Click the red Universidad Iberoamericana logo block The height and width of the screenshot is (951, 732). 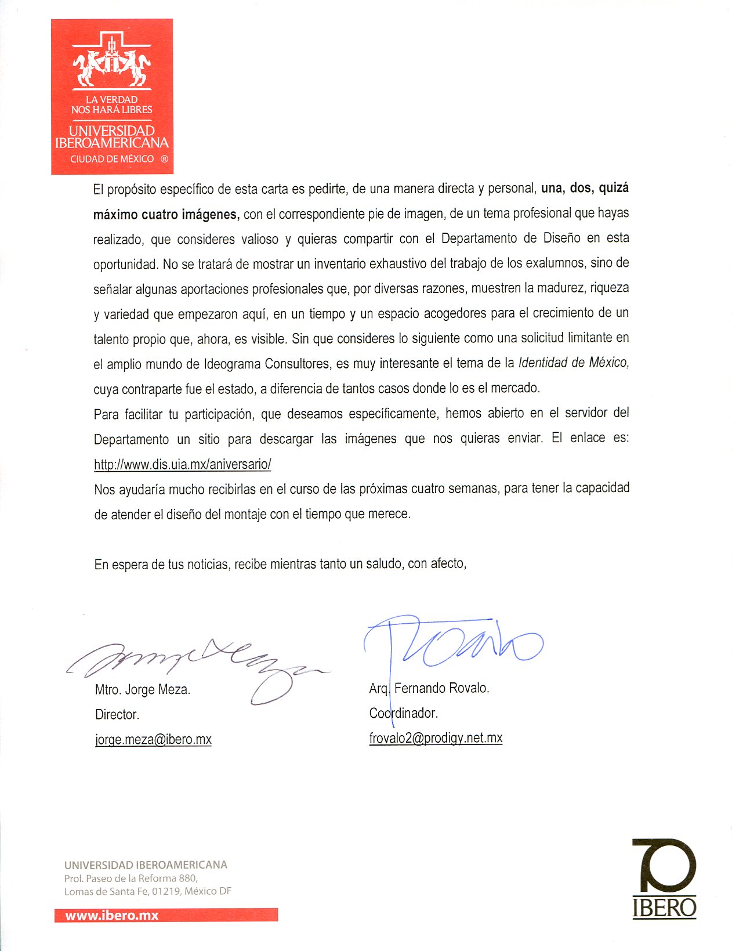click(112, 96)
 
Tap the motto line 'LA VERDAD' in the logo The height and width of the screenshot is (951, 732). click(111, 100)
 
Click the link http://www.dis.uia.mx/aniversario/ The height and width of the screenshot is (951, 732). click(182, 464)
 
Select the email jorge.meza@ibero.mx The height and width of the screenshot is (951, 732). click(153, 739)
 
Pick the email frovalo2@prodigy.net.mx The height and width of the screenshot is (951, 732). click(436, 737)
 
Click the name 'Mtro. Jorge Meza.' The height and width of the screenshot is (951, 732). click(143, 689)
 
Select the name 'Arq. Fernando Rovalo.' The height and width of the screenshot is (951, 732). click(429, 688)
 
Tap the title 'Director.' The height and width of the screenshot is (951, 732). click(117, 714)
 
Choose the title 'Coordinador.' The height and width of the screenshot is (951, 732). click(403, 713)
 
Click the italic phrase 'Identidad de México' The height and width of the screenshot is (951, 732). click(573, 363)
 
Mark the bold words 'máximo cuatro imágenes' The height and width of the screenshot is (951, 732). click(166, 214)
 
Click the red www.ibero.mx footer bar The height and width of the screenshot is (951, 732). click(166, 916)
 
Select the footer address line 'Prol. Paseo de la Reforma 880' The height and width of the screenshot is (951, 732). click(131, 878)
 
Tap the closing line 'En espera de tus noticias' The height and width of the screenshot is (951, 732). click(162, 564)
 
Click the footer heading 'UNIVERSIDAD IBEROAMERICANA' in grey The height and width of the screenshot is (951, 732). click(146, 865)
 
